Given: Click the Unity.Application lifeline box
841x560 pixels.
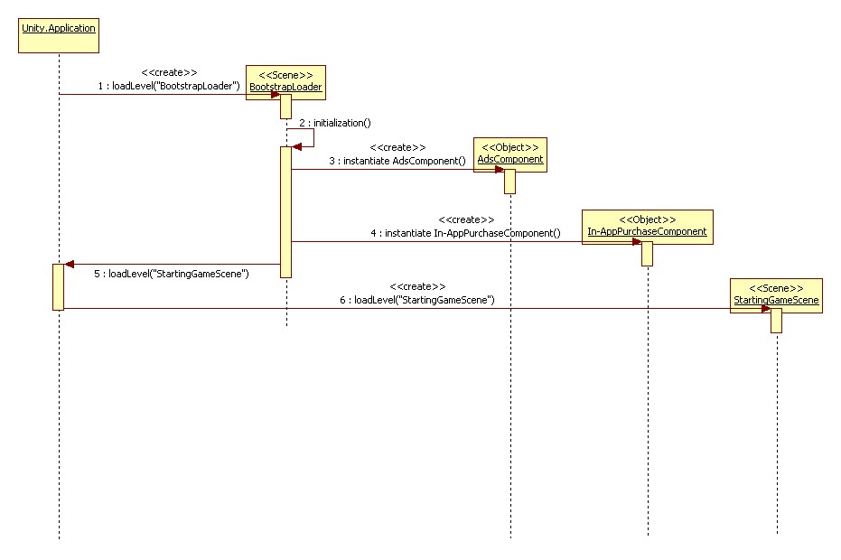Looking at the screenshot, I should click(58, 35).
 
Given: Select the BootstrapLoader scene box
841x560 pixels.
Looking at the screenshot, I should click(285, 81).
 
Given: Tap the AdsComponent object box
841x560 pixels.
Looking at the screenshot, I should click(510, 153).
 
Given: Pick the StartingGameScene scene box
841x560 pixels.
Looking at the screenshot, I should click(776, 295).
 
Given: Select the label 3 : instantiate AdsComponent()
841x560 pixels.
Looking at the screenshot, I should click(397, 161).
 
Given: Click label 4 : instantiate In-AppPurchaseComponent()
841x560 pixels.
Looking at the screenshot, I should click(465, 233).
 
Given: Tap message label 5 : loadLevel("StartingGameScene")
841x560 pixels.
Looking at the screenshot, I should click(172, 273).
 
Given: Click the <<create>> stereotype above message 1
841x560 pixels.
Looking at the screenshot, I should click(170, 72).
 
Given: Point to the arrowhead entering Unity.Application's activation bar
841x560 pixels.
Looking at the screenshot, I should click(70, 265).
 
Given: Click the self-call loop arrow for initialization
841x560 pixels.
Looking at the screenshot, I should click(307, 137).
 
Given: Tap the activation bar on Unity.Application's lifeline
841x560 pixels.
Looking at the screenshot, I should click(58, 286).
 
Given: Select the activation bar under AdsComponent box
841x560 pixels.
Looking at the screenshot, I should click(509, 182).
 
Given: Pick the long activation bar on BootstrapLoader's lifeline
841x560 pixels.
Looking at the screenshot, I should click(285, 211).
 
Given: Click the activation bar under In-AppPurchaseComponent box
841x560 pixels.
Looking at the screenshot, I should click(647, 254).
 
